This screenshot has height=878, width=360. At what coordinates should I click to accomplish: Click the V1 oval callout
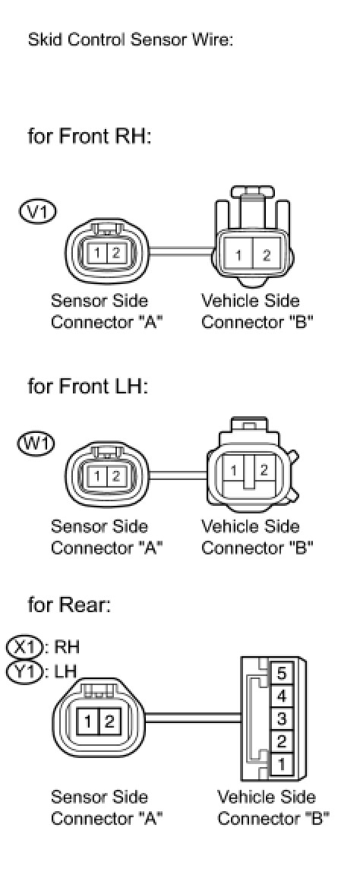point(37,213)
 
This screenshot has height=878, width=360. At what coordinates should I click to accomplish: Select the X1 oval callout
point(25,647)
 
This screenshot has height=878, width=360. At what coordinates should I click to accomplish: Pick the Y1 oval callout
point(25,670)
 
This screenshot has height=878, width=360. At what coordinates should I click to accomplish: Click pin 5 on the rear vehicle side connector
point(281,674)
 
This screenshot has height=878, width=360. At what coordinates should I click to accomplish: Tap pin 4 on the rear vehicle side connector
point(281,696)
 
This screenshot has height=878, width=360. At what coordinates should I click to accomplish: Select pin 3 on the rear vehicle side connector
point(281,719)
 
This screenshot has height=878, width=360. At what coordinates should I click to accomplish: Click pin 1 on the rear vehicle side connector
point(281,763)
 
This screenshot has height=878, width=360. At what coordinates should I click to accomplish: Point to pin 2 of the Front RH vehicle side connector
point(267,255)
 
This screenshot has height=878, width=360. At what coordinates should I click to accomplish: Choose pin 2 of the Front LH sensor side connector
point(115,477)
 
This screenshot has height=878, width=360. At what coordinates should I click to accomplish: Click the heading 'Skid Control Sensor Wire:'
point(131,42)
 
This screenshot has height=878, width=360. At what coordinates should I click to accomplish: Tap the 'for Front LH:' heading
point(88,387)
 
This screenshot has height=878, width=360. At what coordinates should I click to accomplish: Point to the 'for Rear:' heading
point(69,605)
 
